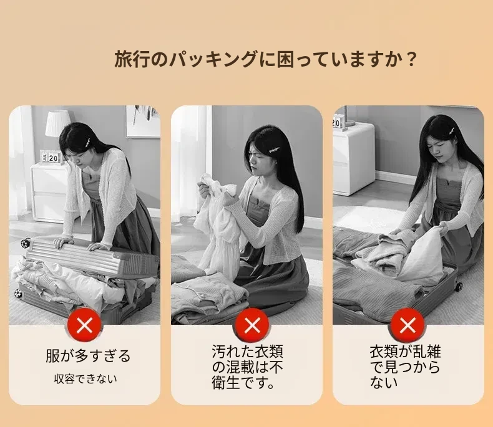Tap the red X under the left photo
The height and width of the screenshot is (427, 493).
point(84,325)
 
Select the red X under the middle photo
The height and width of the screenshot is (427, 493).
point(252,325)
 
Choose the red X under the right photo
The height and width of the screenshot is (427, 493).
point(408,325)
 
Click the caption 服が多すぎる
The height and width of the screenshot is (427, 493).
point(88,356)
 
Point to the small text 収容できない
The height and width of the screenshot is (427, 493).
point(85,379)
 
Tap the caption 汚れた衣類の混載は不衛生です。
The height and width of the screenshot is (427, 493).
point(247,367)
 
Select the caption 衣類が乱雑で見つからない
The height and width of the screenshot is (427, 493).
point(405,367)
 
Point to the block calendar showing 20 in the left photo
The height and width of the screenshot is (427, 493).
point(51,157)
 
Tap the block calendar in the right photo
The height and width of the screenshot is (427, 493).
point(338,122)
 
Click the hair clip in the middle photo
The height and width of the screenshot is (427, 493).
point(274,151)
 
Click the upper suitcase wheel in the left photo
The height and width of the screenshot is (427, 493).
point(25,243)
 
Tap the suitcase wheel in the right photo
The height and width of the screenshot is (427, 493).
point(458,286)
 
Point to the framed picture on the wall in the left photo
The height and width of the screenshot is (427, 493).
point(143,121)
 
